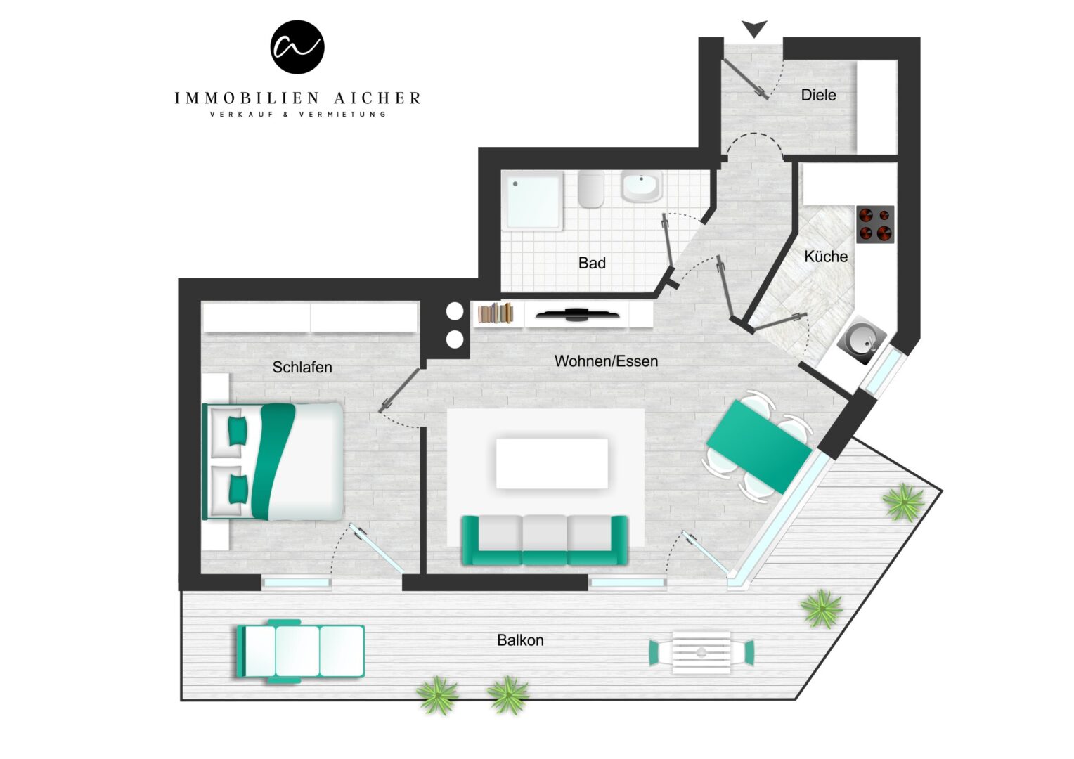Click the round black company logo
(297, 47)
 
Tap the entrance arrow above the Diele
(754, 28)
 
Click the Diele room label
(818, 95)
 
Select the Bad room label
(592, 263)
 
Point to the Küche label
(826, 256)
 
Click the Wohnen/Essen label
(606, 361)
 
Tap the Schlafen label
(302, 368)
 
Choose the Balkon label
(520, 640)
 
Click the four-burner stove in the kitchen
(875, 224)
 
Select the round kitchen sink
(861, 339)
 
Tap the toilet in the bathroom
(590, 189)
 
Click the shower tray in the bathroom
(533, 200)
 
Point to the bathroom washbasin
(642, 186)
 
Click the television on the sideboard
(577, 315)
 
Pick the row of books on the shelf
(496, 313)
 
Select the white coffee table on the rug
(552, 463)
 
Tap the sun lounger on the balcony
(301, 651)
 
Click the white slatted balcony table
(701, 653)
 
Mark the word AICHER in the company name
(377, 98)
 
